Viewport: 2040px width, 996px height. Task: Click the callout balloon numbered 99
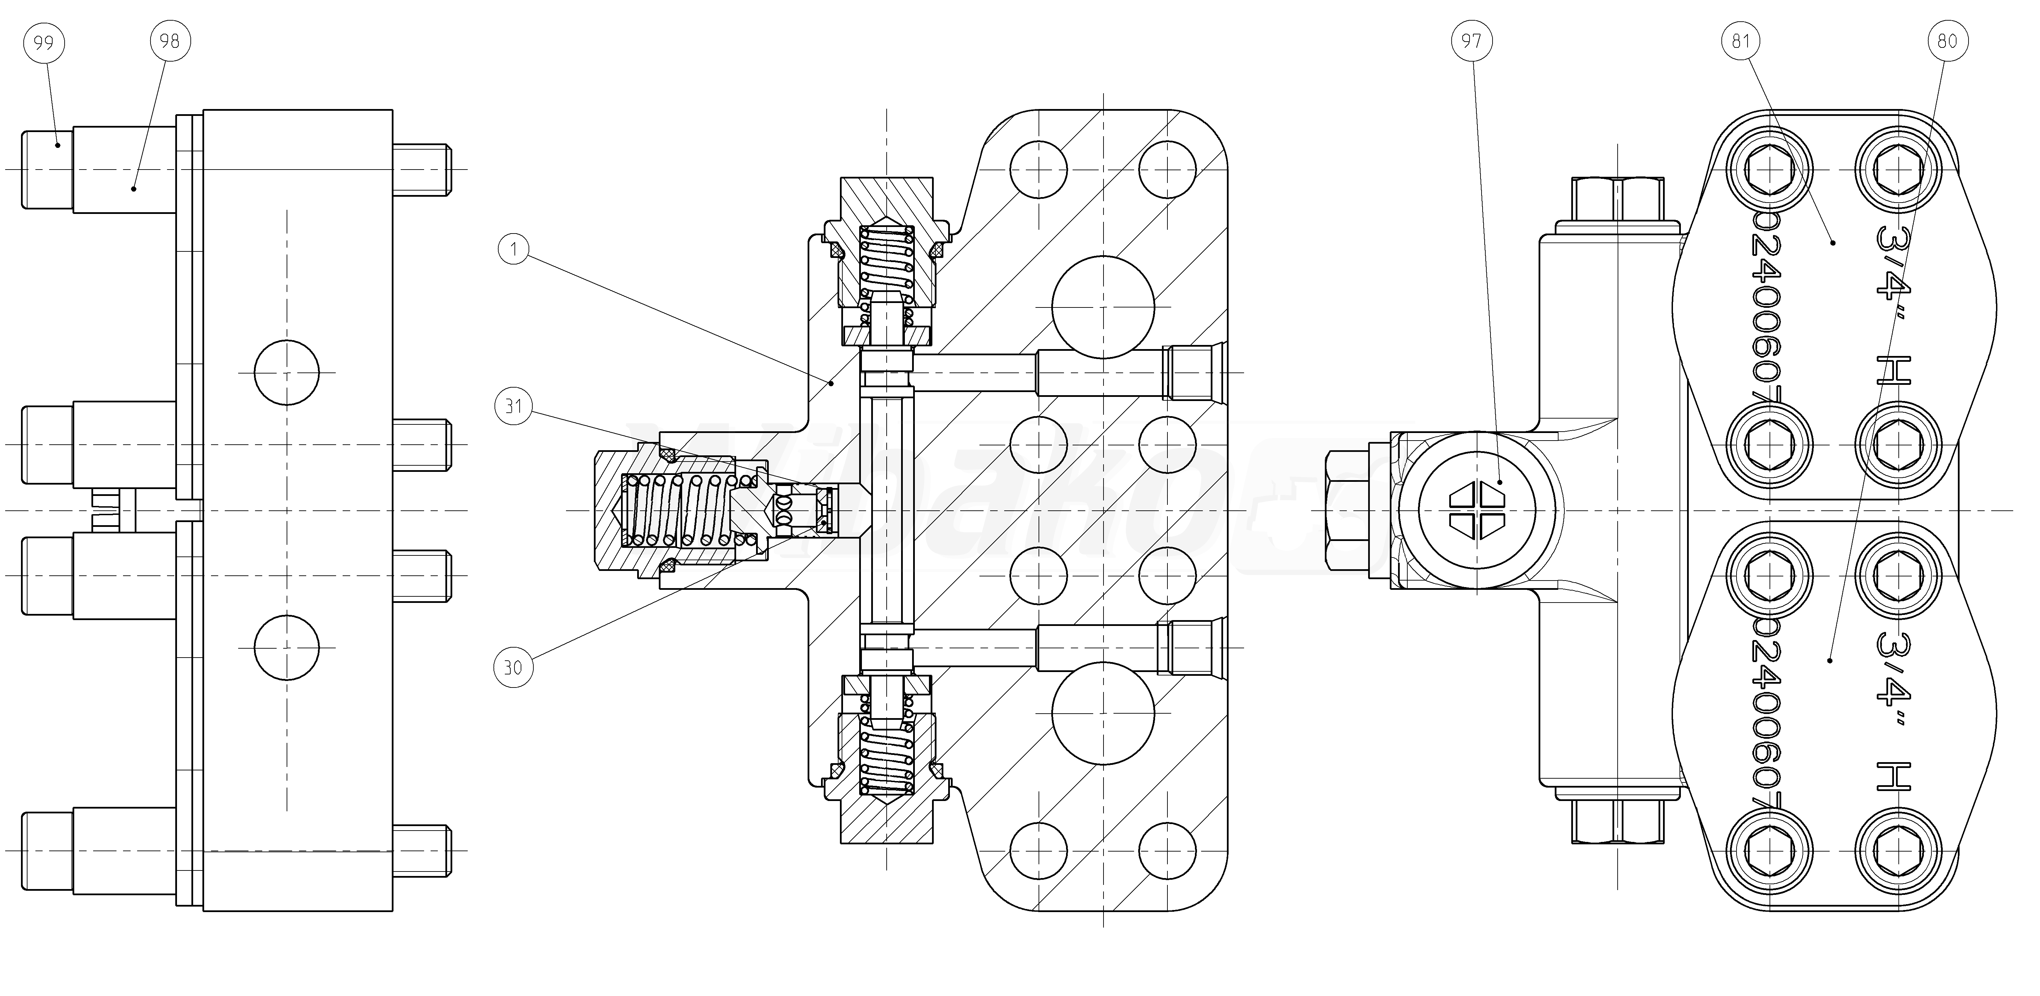point(44,41)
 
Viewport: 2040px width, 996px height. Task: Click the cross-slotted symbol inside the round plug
point(1476,509)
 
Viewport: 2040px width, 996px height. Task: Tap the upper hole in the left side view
point(287,372)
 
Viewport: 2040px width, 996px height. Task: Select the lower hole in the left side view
point(287,647)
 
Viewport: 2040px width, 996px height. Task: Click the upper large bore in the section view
point(1102,307)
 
